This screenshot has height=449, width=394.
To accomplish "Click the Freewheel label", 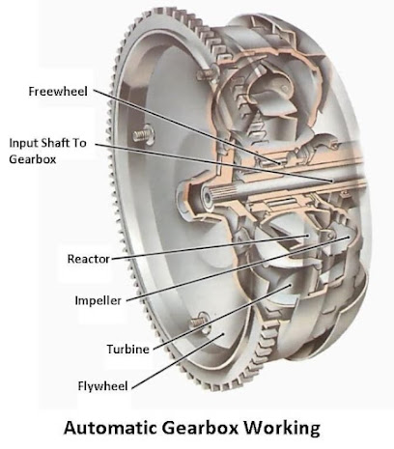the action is [58, 91].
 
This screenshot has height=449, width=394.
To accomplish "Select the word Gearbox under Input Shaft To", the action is [33, 159].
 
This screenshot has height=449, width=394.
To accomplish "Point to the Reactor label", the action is [89, 259].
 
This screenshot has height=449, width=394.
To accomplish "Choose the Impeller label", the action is [98, 300].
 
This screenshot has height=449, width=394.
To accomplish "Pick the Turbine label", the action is [128, 350].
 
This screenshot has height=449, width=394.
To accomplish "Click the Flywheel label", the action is [103, 386].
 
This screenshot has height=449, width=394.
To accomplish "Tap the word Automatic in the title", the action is [111, 428].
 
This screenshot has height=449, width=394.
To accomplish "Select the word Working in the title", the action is [282, 429].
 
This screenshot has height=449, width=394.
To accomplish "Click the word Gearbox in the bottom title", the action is [200, 428].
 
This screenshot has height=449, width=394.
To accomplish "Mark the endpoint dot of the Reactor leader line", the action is [308, 236].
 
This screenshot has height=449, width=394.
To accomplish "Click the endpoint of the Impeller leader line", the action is [349, 238].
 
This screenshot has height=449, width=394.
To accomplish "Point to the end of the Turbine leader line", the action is [291, 285].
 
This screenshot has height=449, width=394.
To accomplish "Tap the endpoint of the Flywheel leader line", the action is [222, 335].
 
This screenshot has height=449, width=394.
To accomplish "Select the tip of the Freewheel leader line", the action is [280, 163].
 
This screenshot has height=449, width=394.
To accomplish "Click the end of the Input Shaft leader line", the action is [331, 182].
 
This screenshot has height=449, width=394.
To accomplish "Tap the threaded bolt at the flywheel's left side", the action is [144, 134].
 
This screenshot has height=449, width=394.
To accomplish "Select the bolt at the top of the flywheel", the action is [207, 73].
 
